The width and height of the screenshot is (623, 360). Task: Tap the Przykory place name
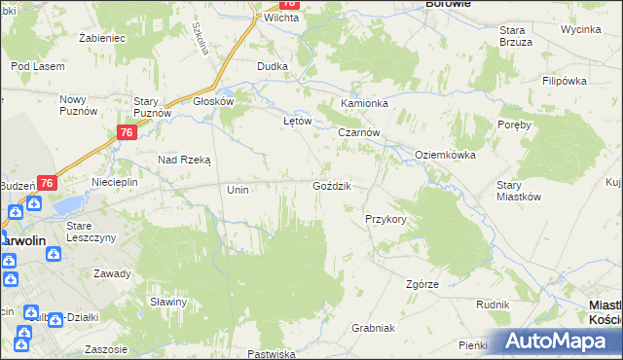tap(385, 220)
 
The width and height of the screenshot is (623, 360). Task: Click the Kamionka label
tap(364, 103)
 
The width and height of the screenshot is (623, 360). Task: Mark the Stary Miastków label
tap(518, 190)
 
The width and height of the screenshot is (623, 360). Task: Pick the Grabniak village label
tap(373, 328)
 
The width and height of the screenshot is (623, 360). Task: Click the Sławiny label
tap(168, 302)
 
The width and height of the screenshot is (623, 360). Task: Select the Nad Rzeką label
tap(185, 159)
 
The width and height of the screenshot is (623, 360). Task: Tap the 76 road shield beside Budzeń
tap(47, 182)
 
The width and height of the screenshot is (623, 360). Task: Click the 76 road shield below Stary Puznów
tap(126, 133)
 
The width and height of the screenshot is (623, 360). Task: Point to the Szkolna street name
tap(201, 40)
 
